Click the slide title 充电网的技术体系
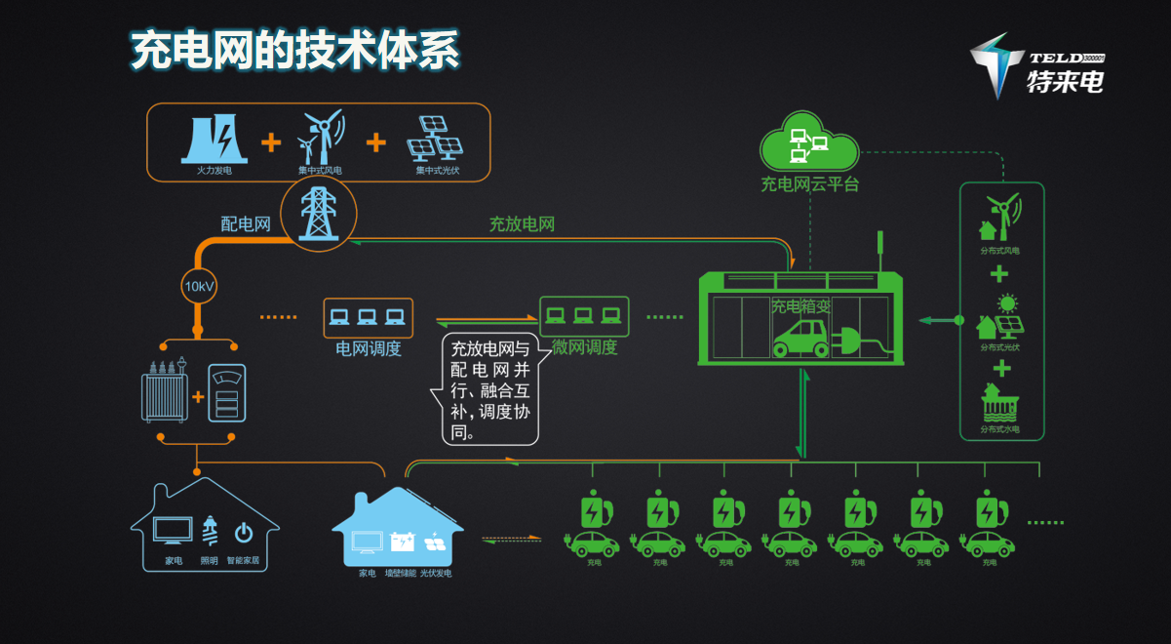[294, 51]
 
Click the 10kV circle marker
[199, 287]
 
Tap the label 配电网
[245, 224]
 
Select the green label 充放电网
[522, 224]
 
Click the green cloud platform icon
[809, 143]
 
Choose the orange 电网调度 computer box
[368, 317]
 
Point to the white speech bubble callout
[490, 389]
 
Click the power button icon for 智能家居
[243, 533]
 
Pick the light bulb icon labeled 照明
[209, 531]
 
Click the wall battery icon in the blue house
[402, 542]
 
